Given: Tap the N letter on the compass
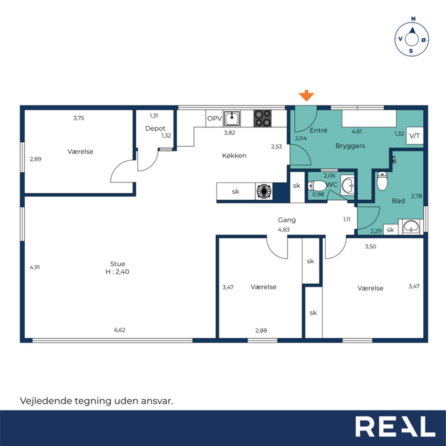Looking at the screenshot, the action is tap(413, 19).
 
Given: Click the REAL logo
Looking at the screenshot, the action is tap(395, 426).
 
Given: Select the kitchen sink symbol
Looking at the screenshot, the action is tap(232, 118).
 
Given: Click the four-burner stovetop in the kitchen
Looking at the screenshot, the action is tap(262, 118).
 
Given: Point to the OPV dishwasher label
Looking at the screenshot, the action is tap(215, 118).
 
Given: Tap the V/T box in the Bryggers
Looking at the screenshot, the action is tap(415, 136).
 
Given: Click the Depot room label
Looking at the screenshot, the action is tap(155, 129).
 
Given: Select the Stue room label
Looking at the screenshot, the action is tap(117, 264).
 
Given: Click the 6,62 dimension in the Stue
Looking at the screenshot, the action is tap(120, 330).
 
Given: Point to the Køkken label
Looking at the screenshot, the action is tap(234, 155).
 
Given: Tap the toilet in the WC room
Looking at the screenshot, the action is tap(317, 186).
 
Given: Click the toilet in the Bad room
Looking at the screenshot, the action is tap(382, 181).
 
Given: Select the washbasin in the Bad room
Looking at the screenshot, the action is tap(411, 227).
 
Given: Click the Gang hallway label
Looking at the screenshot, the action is tap(287, 220).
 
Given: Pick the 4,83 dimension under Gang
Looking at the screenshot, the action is tap(284, 230).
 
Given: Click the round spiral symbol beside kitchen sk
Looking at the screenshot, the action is tap(264, 191).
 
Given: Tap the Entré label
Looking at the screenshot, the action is tap(318, 130).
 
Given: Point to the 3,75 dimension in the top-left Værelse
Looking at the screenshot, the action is tap(79, 118).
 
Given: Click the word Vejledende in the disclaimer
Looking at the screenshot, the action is tap(46, 401).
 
